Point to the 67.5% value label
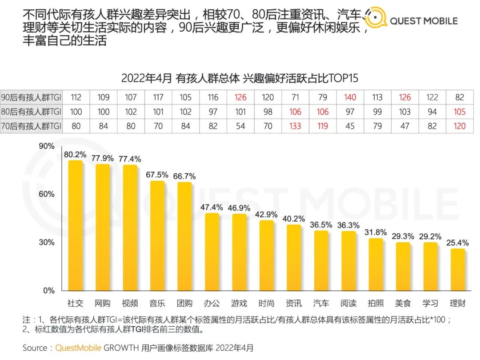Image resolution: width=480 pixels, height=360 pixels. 157,175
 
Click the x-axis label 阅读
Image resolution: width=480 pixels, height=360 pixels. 348,303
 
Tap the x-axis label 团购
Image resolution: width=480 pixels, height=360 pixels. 184,303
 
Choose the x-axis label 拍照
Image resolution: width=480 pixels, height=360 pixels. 376,303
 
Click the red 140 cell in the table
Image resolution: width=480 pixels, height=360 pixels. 350,97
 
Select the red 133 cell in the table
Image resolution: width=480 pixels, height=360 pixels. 295,126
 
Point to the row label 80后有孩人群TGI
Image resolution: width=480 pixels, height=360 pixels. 31,112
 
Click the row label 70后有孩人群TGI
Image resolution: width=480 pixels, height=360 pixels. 31,126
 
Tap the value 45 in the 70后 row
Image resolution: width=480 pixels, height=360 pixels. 350,126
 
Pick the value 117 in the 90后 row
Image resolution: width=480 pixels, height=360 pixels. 158,97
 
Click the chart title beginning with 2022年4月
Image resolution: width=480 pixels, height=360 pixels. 240,78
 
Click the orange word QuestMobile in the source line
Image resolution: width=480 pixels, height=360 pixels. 78,348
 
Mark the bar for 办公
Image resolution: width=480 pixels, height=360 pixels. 212,252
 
